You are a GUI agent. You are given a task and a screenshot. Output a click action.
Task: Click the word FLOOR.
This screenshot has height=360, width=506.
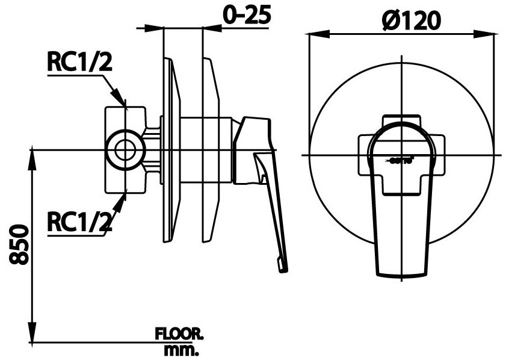(180, 333)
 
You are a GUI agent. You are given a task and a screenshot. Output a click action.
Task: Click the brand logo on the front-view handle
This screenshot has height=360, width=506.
(400, 160)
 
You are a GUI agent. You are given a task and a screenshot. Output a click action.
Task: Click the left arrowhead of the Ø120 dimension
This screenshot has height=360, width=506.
(313, 34)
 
